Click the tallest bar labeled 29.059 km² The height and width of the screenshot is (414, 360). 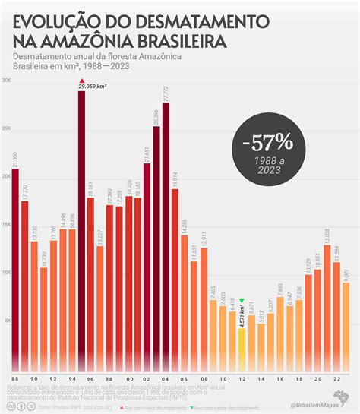[81, 228]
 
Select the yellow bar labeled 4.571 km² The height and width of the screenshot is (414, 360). [242, 349]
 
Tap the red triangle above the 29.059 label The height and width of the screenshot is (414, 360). [81, 81]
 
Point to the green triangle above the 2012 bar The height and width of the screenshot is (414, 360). [242, 301]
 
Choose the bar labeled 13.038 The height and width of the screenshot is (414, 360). [327, 304]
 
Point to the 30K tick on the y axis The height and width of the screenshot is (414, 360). [6, 80]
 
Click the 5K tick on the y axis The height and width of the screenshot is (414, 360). [6, 321]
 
